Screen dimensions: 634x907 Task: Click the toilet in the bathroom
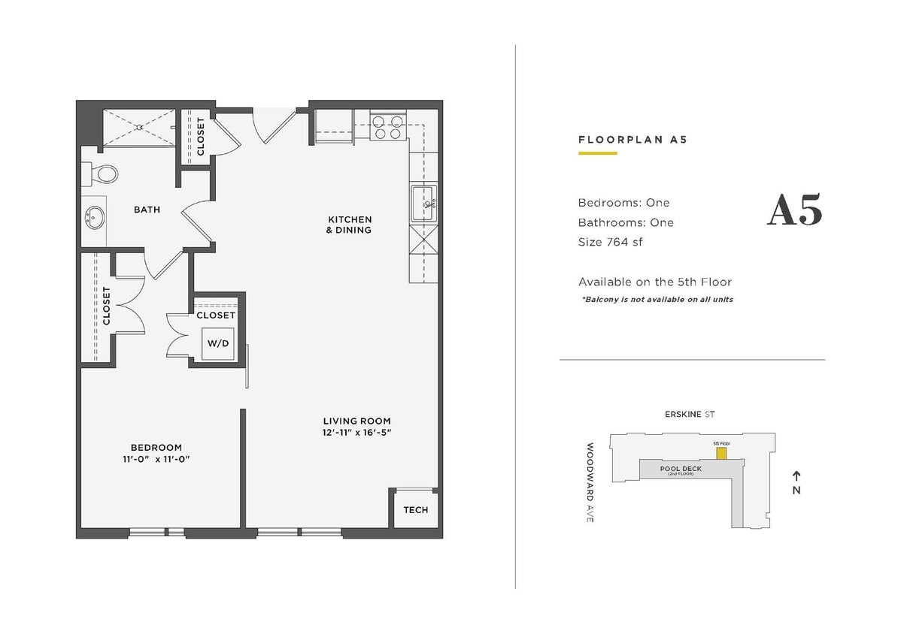tap(103, 174)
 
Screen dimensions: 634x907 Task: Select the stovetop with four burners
tap(387, 127)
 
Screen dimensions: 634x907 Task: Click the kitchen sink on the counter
tap(423, 203)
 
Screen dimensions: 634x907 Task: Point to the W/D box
tap(218, 343)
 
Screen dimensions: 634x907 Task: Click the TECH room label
tap(415, 510)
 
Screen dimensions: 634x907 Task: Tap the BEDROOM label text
tap(156, 448)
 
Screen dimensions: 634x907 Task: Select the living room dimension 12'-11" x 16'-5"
tap(356, 433)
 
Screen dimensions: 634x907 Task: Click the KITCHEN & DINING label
tap(349, 225)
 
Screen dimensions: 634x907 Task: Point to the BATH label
tap(147, 210)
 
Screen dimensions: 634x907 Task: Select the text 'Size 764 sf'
tap(610, 242)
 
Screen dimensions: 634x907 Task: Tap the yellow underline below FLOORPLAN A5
tap(597, 153)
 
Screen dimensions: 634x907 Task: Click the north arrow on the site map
tap(796, 475)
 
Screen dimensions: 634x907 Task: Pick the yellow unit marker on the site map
tap(720, 454)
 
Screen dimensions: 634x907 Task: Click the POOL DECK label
tap(681, 469)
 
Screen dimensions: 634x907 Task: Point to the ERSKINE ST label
tap(688, 414)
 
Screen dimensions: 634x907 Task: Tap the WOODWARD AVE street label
tap(590, 482)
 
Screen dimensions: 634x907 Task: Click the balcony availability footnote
tap(657, 299)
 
